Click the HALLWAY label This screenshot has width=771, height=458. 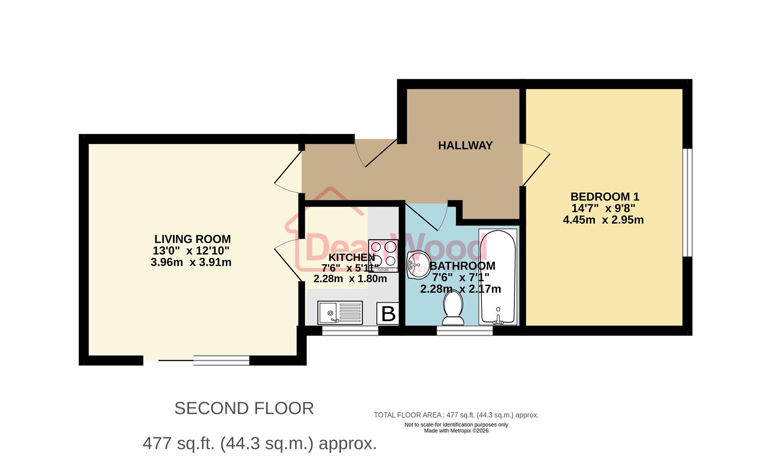465,145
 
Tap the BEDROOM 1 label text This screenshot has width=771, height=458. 604,197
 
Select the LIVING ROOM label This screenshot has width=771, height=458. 192,239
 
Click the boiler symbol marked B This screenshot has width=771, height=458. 388,314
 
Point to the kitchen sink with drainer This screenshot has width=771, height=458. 340,313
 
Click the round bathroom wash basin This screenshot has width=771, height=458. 418,265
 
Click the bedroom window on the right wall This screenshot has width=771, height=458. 688,203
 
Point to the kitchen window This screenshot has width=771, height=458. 350,331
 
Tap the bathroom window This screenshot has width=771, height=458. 464,331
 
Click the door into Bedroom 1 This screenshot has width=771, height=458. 536,165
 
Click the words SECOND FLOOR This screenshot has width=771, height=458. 244,408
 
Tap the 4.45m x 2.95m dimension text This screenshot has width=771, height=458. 603,220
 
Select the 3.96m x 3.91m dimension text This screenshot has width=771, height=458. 191,263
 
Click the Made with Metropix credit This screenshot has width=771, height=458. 456,431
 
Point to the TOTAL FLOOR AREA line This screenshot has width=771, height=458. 456,415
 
